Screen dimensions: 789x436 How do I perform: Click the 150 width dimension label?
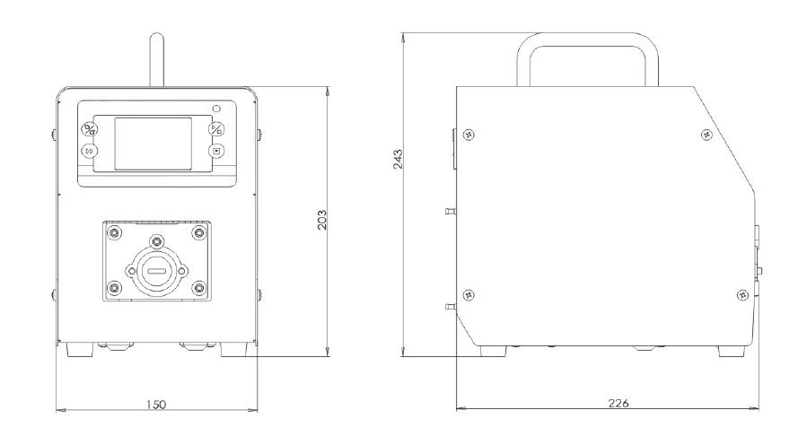156,405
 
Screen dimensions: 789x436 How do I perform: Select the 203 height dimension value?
322,220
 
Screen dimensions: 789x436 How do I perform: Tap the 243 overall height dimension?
398,159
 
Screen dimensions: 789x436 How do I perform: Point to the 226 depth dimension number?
618,403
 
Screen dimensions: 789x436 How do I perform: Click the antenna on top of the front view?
156,60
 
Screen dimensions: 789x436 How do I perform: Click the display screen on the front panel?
153,144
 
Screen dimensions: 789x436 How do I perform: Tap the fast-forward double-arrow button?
90,151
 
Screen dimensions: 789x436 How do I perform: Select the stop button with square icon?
216,151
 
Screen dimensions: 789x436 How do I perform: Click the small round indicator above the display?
216,109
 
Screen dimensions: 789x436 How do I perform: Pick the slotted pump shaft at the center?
157,272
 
